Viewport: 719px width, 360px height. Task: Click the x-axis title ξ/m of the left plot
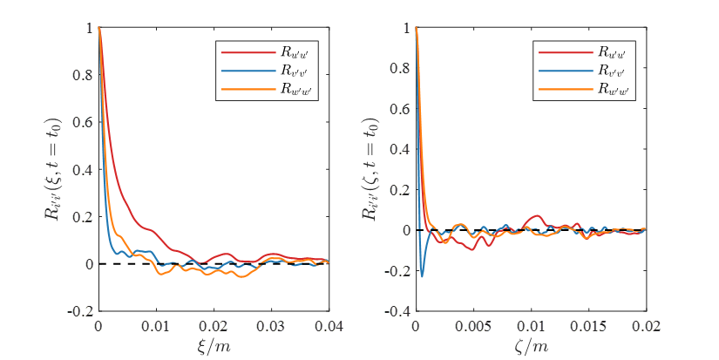pos(214,346)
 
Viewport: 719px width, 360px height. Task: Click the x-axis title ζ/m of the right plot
pos(531,346)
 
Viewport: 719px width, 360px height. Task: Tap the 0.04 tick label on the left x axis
pos(328,325)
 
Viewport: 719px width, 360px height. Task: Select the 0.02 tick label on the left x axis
pos(214,325)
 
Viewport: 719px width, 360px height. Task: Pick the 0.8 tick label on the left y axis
pos(82,75)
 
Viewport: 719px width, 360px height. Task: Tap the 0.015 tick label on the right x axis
pos(589,325)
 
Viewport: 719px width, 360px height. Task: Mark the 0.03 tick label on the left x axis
pos(271,325)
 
